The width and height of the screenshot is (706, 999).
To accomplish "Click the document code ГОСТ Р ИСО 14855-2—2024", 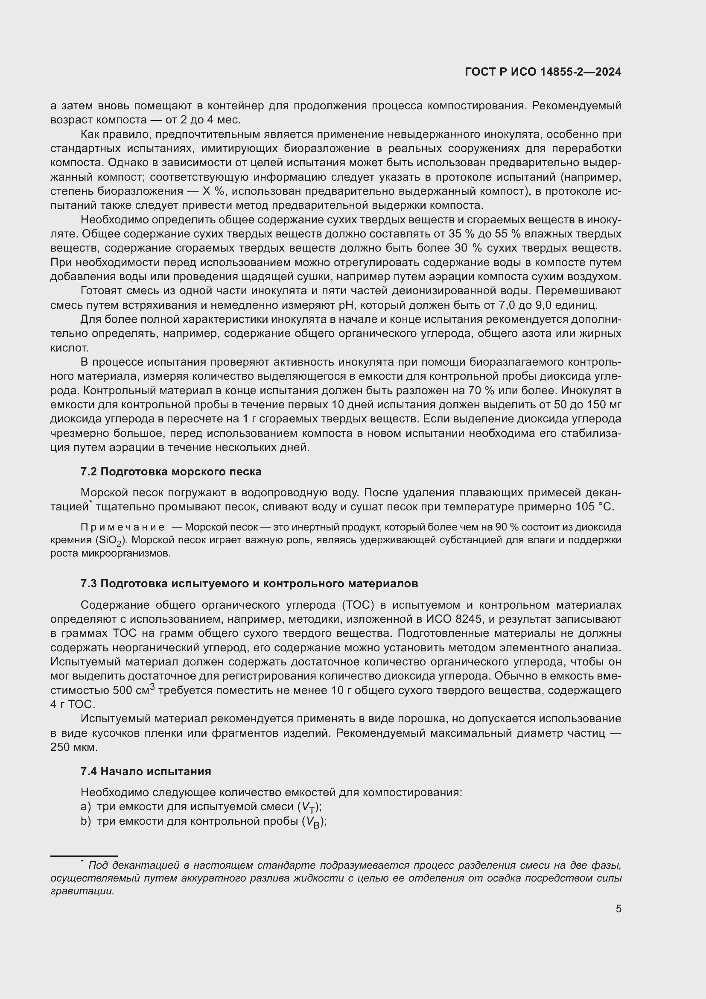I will (543, 72).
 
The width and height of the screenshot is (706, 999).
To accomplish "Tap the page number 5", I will (618, 908).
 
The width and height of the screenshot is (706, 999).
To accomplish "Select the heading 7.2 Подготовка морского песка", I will (171, 472).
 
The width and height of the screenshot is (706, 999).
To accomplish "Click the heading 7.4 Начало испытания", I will (146, 771).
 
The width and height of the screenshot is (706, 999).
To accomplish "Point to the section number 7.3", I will (89, 583).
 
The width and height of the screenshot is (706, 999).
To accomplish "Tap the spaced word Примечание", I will (123, 527).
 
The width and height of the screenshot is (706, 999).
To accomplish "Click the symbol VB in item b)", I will (312, 822).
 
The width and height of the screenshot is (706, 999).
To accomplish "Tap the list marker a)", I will (86, 807).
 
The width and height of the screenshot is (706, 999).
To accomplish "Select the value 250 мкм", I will (74, 747).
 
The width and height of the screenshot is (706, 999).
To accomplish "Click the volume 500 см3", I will (134, 691).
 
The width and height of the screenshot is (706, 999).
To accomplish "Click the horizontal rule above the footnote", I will (84, 856).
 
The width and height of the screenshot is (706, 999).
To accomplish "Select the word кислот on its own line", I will (69, 348).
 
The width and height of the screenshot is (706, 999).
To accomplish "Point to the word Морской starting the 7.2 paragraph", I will (104, 493).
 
